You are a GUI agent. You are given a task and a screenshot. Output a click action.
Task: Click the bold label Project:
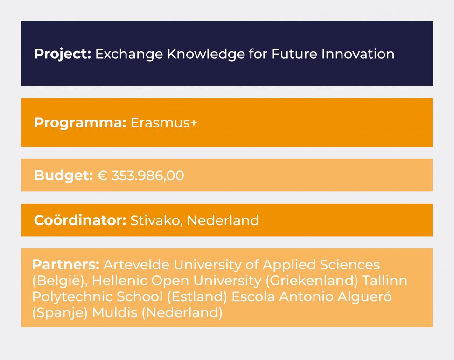point(63,54)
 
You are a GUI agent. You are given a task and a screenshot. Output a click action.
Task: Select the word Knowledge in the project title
point(206,54)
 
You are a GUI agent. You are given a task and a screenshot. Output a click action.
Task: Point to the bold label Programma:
point(80,123)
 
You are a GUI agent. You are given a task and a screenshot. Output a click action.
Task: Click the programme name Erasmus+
point(164,123)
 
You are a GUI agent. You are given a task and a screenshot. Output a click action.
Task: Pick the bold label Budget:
point(63,176)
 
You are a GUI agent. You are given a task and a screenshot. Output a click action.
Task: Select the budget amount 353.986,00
point(147,176)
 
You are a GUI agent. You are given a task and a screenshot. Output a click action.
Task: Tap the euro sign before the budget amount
point(102,176)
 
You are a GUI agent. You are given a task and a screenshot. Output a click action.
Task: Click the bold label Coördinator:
point(80,220)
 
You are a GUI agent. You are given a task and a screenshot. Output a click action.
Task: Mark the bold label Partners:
point(66,265)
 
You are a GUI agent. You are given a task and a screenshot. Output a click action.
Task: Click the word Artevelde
point(136,265)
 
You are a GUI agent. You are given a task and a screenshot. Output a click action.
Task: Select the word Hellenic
point(119,281)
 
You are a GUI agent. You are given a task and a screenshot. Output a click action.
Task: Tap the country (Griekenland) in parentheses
point(312,281)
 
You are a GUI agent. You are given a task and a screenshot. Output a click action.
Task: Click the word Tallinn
point(385,281)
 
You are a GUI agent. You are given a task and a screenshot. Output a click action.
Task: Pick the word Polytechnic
point(72,297)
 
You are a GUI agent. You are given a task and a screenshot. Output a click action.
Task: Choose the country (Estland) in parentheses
point(197,296)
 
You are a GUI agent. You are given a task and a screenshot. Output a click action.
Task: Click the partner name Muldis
point(115,312)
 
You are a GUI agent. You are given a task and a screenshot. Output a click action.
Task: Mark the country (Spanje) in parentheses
point(60,313)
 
